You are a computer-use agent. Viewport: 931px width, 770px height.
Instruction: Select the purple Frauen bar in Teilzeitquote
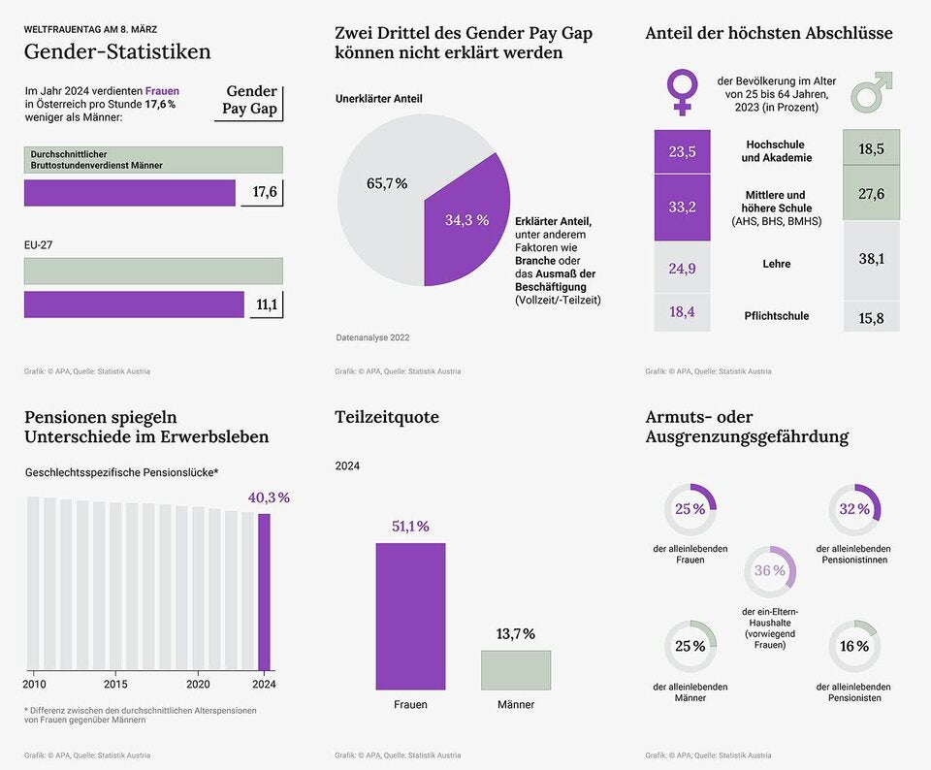(x=410, y=615)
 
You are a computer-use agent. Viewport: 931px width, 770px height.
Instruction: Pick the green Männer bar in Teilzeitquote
(x=515, y=669)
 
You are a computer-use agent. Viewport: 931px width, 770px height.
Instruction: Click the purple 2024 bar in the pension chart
(x=264, y=592)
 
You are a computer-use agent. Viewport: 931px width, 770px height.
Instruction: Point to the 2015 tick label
(x=115, y=684)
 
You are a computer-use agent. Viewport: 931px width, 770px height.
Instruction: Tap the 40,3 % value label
(x=269, y=497)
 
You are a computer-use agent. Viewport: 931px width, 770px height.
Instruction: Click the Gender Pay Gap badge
(x=249, y=100)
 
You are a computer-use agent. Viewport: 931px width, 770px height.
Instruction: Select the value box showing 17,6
(x=264, y=192)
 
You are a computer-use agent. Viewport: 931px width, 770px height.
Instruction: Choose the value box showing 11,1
(x=266, y=305)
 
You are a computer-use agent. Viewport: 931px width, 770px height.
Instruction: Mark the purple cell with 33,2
(x=682, y=208)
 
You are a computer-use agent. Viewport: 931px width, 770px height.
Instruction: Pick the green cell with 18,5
(x=871, y=148)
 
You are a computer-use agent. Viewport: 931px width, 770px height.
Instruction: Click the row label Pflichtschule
(x=776, y=316)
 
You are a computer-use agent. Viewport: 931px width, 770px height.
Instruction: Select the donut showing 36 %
(x=770, y=571)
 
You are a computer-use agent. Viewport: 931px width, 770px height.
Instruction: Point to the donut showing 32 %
(x=854, y=509)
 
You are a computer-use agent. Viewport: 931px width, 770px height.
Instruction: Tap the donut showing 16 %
(x=854, y=647)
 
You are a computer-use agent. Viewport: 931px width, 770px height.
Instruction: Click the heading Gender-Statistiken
(x=117, y=52)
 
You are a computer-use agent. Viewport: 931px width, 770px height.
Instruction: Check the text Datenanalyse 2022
(x=372, y=337)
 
